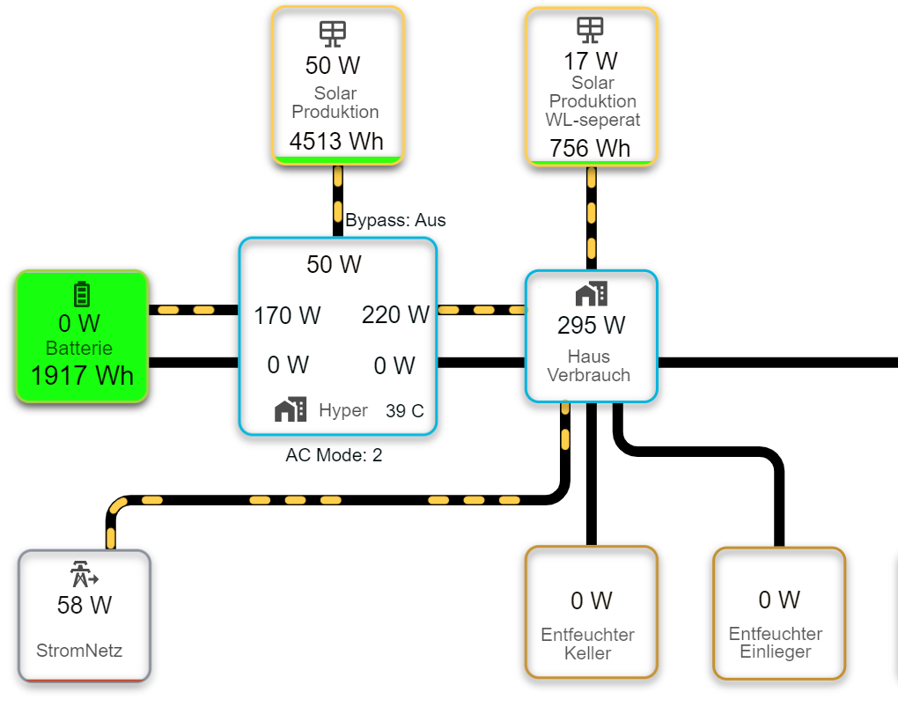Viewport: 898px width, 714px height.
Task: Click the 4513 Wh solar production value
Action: click(336, 141)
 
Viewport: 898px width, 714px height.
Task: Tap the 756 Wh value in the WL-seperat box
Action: click(590, 148)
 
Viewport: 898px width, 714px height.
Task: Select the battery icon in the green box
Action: click(82, 294)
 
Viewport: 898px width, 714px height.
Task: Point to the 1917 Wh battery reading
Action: click(82, 375)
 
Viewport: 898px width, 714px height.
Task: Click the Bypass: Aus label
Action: click(395, 220)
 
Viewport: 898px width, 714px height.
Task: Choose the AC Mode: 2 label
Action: click(334, 455)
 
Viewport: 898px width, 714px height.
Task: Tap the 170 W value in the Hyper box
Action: click(287, 315)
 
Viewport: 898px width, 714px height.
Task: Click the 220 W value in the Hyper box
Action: click(395, 314)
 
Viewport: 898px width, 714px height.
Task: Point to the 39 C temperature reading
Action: click(404, 410)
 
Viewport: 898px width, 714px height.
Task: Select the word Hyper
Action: click(342, 410)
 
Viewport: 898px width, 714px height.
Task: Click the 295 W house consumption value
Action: click(591, 325)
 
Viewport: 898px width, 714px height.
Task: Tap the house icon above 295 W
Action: click(591, 294)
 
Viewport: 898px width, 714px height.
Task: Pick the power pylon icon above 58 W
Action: click(84, 575)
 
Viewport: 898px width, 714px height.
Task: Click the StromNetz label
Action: click(79, 651)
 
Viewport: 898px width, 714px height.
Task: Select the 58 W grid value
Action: click(84, 605)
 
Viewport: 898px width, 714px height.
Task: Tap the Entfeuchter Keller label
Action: click(588, 644)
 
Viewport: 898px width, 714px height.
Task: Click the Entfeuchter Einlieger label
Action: click(776, 643)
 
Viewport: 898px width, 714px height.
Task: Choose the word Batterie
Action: click(79, 348)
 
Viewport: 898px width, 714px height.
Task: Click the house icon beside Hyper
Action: click(291, 409)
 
